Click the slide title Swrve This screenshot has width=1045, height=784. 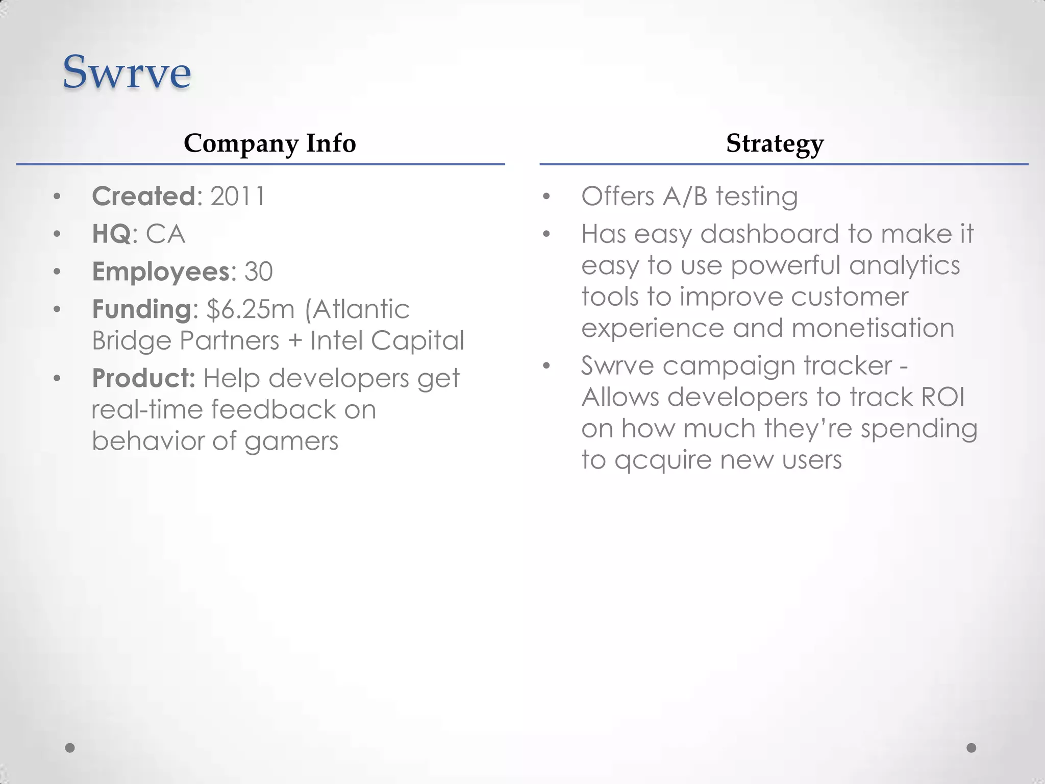pos(127,72)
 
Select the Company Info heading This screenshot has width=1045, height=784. pos(269,143)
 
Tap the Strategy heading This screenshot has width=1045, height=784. pos(775,143)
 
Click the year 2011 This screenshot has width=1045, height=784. pos(238,197)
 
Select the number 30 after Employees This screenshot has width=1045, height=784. pos(258,272)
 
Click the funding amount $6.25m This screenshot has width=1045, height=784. pos(251,309)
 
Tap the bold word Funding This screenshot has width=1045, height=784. pos(141,309)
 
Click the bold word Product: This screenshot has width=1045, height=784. pos(143,378)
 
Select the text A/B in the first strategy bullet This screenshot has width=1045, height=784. pos(685,197)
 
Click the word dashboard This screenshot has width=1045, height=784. pos(769,234)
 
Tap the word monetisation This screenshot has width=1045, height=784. pos(873,328)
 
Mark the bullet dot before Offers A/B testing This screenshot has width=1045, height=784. pos(546,197)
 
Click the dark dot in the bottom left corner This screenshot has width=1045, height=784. pos(70,748)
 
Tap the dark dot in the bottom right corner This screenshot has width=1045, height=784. pos(972,748)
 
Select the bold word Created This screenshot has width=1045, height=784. pos(143,197)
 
